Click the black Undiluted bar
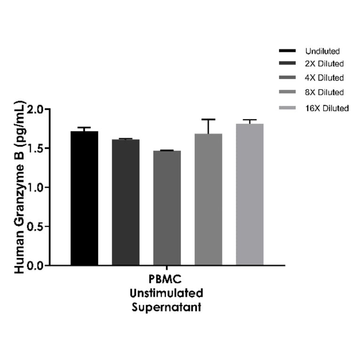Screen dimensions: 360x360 (84, 198)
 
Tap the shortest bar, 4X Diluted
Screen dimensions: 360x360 (167, 207)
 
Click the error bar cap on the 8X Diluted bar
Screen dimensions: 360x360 (208, 119)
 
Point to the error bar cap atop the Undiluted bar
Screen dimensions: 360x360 (84, 127)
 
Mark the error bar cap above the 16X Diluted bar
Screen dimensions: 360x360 (250, 120)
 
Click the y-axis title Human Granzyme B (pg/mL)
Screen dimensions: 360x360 (20, 187)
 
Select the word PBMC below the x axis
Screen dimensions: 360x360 (167, 280)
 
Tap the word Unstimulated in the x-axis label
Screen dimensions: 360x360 (167, 294)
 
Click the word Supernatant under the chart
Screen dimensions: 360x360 (167, 307)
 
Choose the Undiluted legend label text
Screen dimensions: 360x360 (322, 51)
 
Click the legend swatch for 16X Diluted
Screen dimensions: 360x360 (287, 108)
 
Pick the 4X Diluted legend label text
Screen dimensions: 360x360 (324, 78)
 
